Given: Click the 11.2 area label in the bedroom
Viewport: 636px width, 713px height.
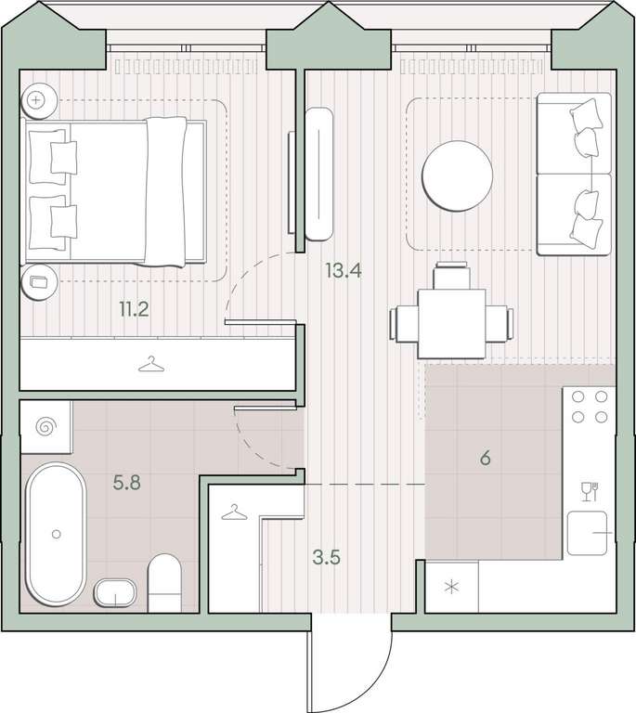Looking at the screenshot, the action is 134,310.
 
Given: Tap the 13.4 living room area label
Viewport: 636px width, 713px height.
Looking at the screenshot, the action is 344,270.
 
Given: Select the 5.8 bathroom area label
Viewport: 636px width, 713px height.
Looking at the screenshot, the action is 127,482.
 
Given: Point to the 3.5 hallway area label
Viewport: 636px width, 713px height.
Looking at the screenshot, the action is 327,557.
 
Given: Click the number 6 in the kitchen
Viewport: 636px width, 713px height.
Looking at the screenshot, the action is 485,458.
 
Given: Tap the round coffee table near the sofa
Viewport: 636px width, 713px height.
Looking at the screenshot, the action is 458,176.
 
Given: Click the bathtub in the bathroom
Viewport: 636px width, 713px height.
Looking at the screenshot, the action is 56,534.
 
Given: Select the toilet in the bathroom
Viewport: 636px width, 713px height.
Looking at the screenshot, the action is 164,582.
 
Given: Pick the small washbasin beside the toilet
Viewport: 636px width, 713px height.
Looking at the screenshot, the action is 115,592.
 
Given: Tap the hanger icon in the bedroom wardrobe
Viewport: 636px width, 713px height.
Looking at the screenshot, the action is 151,364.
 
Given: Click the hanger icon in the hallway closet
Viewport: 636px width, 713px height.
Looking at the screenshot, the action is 234,512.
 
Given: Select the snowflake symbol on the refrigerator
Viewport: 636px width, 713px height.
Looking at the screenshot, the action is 451,587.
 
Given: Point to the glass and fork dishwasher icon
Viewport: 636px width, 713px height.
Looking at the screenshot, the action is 590,491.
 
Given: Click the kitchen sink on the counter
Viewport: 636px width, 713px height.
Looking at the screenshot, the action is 588,533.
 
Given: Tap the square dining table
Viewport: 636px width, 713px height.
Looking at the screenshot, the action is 451,324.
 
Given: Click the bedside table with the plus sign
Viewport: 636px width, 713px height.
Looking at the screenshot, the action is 39,100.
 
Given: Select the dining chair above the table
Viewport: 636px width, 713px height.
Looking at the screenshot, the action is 451,276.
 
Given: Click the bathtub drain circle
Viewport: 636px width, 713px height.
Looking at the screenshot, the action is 56,535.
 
